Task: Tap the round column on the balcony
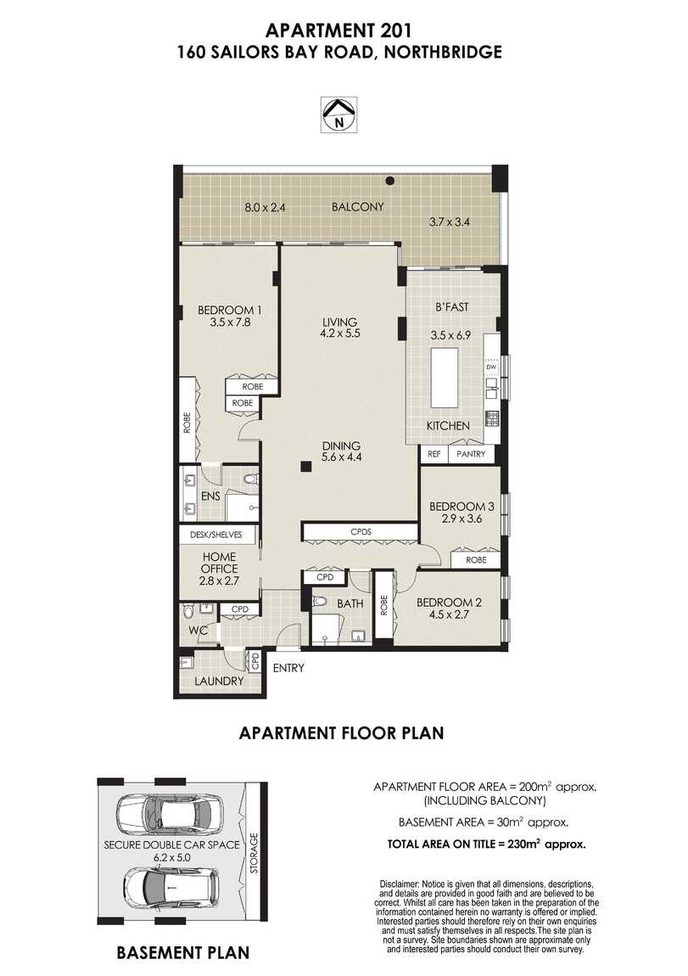pyautogui.click(x=389, y=180)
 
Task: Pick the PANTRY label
pyautogui.click(x=470, y=454)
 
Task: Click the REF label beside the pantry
pyautogui.click(x=433, y=454)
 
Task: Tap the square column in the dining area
pyautogui.click(x=304, y=465)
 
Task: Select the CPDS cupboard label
pyautogui.click(x=360, y=532)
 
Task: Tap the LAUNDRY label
pyautogui.click(x=219, y=681)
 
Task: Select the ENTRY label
pyautogui.click(x=288, y=668)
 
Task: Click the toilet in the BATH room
pyautogui.click(x=320, y=602)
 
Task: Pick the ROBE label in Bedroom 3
pyautogui.click(x=475, y=560)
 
